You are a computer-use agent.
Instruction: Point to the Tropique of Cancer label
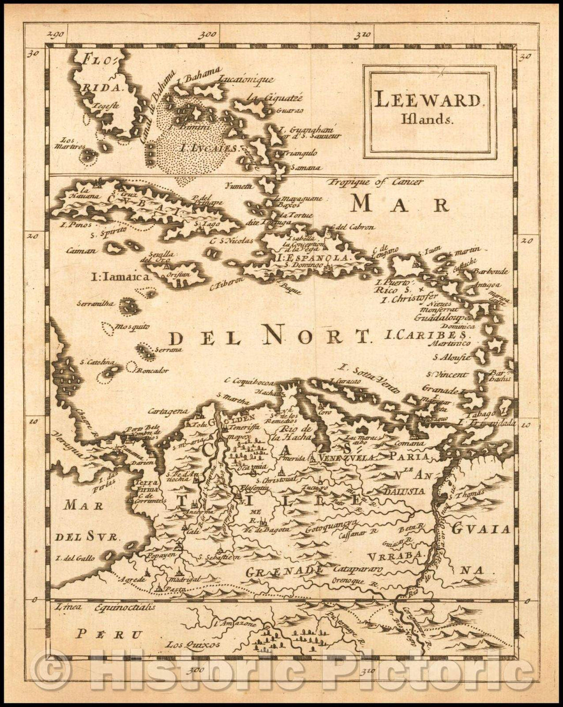coord(375,182)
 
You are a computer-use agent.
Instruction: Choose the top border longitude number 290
coord(54,35)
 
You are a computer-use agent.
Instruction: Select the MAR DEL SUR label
coord(84,519)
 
